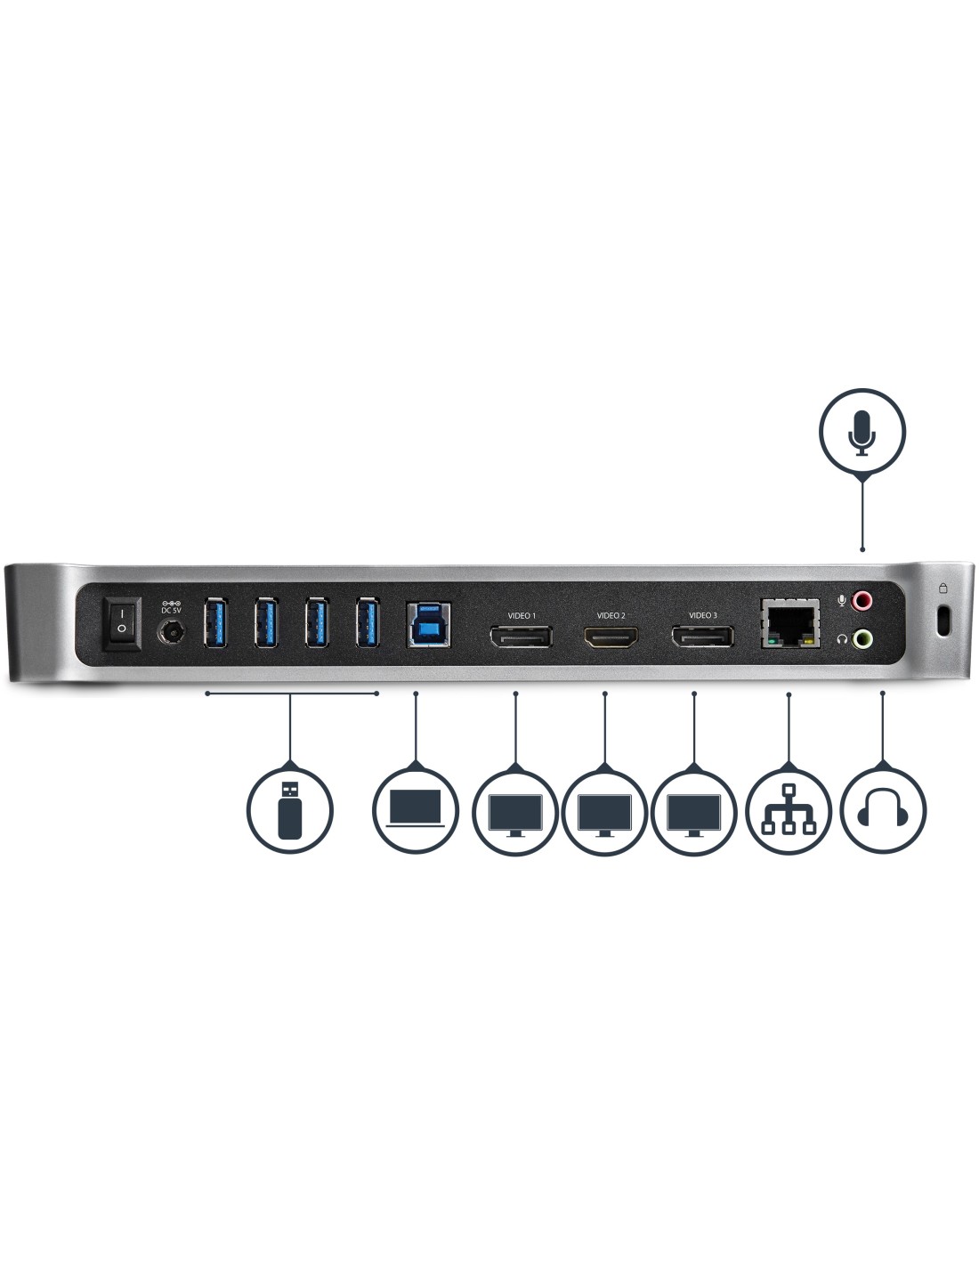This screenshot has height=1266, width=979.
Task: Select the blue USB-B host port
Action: coord(428,623)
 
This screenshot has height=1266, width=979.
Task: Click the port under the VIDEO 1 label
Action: coord(521,637)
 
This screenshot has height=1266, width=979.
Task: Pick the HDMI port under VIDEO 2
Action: coord(611,637)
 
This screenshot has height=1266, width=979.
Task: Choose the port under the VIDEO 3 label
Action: coord(702,637)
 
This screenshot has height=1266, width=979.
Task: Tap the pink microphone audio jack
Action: coord(862,602)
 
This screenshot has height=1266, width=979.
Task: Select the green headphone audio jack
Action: coord(862,637)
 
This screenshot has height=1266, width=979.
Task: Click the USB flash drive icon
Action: coord(290,810)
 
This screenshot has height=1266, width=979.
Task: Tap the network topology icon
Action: coord(788,810)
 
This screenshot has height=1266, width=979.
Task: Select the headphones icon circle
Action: coord(882,810)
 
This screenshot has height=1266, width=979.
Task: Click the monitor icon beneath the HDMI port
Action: coord(605,810)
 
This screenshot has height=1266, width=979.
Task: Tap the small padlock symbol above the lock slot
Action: coord(943,588)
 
